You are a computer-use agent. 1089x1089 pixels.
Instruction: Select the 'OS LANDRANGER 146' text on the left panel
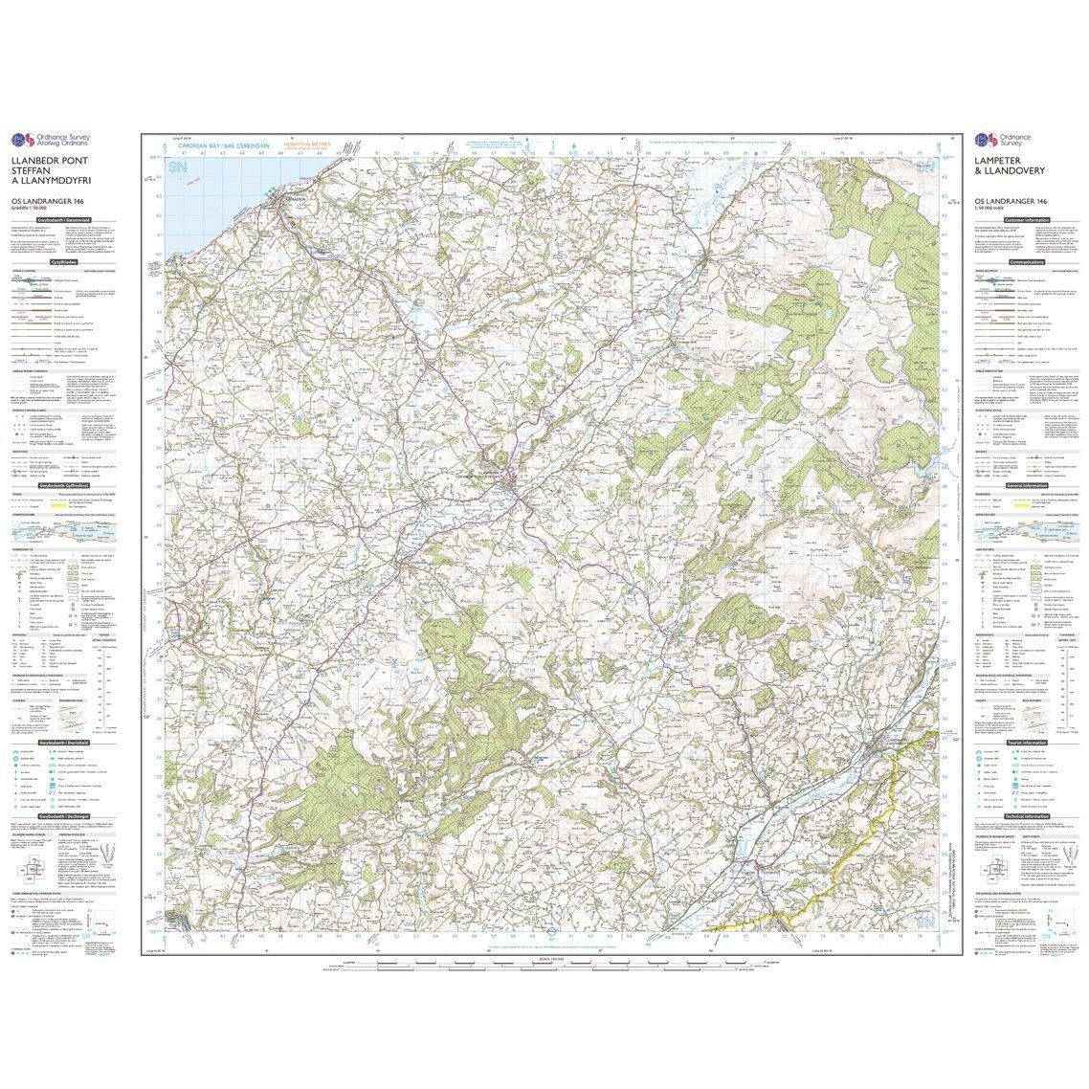[48, 200]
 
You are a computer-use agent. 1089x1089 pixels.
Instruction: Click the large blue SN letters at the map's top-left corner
[178, 168]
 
